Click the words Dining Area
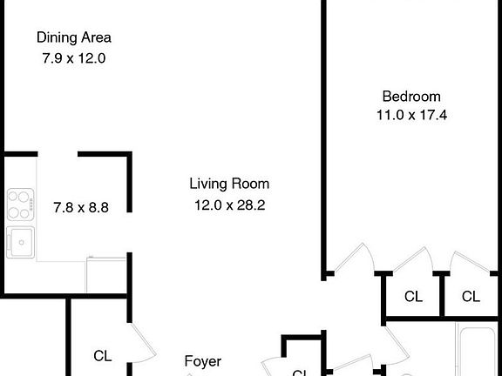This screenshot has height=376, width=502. click(73, 37)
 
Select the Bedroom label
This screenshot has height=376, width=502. click(411, 97)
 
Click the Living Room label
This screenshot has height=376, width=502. click(229, 184)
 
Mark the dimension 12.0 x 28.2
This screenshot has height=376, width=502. click(230, 205)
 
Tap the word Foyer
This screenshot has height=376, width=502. click(202, 360)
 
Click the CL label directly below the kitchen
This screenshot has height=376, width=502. click(103, 355)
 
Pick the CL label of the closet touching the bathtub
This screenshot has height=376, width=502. click(471, 297)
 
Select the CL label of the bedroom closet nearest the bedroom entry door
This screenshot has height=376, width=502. click(413, 297)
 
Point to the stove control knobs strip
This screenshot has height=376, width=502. click(32, 206)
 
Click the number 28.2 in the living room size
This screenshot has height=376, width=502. click(252, 205)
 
